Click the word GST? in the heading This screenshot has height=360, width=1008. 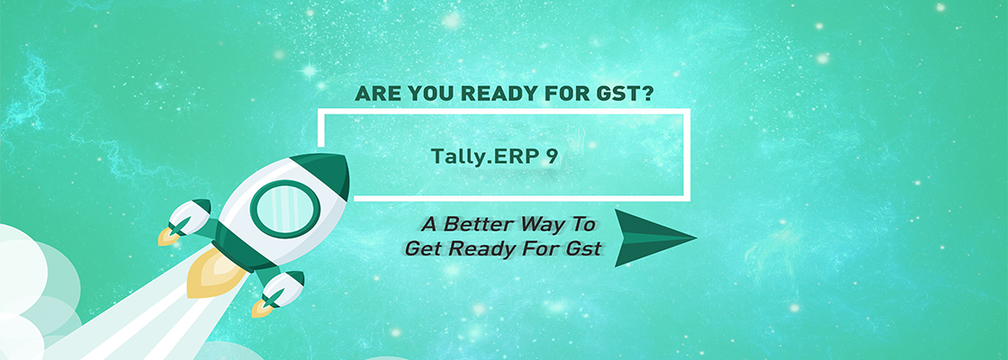pos(621,94)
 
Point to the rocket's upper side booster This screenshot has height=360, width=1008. pos(189,219)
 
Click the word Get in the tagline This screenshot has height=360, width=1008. pos(424,247)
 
